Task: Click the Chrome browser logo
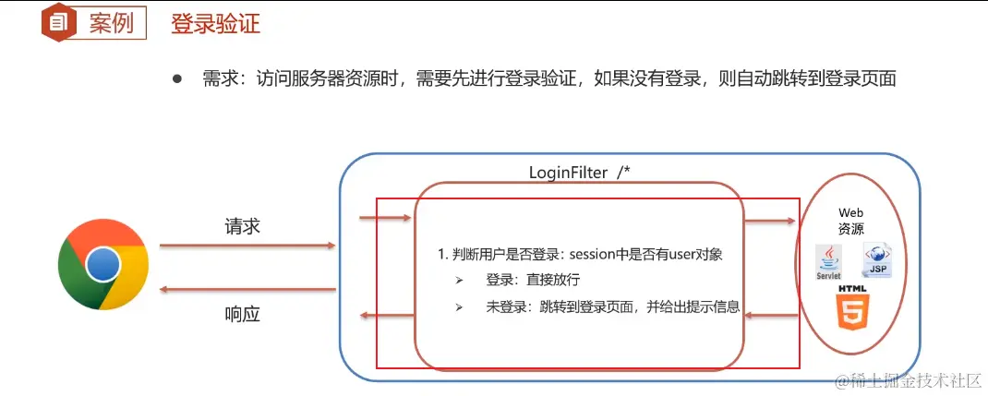(x=102, y=266)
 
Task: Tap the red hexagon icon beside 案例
(x=57, y=23)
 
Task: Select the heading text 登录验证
(x=215, y=24)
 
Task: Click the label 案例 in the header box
(x=111, y=24)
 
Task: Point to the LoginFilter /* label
(x=579, y=173)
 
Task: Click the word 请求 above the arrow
(x=243, y=226)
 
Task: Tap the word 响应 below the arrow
(x=243, y=314)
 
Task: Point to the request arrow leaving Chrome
(x=247, y=246)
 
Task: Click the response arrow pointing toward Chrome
(x=247, y=290)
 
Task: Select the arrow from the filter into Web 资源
(x=770, y=221)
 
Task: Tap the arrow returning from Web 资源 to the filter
(x=770, y=316)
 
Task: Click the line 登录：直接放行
(x=533, y=280)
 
